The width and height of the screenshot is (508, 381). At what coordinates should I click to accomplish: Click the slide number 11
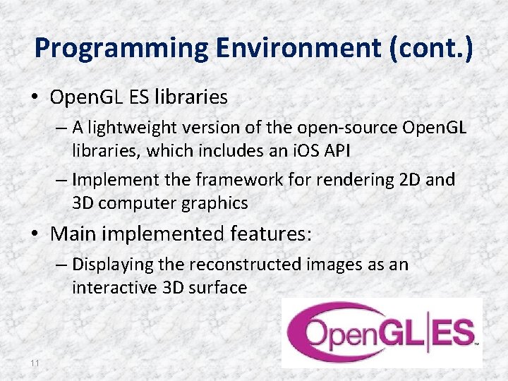pos(35,363)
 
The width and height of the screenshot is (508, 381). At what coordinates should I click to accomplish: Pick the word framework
pos(226,180)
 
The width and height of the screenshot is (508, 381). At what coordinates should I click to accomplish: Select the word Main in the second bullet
pos(73,232)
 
